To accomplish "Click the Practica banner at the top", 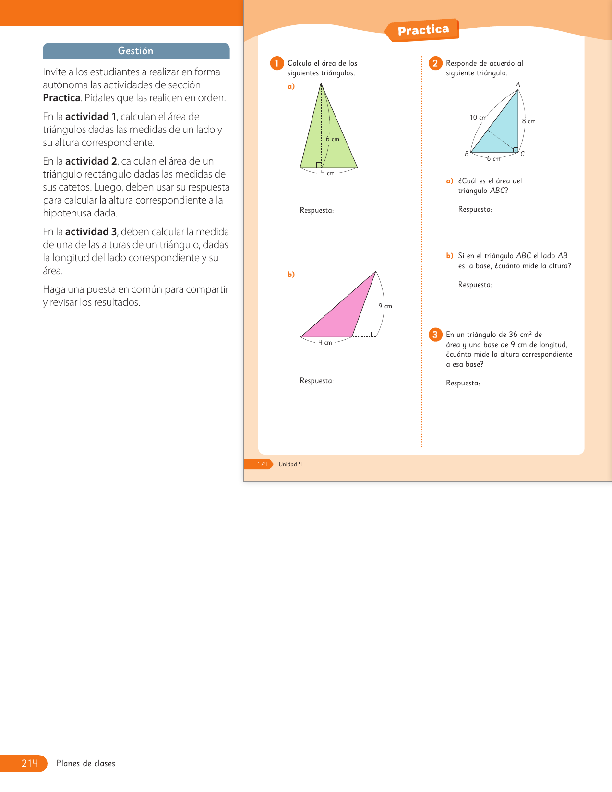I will point(423,30).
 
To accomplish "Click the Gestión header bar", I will point(136,51).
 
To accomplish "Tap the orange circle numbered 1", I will point(277,63).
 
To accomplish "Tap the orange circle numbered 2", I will point(435,63).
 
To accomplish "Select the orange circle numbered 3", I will point(435,335).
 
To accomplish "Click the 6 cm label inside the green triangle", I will point(332,139).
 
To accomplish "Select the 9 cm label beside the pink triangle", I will point(385,306).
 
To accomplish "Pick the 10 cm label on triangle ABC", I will point(478,118).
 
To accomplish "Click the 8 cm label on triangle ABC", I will point(528,121).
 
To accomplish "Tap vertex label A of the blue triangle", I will point(518,85).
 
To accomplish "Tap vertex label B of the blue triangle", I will point(467,154).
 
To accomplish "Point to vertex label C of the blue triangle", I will point(523,154).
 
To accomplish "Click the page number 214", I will point(29,763).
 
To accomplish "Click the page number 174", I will point(262,464).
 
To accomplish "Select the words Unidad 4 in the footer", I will point(290,464).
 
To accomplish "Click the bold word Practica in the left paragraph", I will point(61,98).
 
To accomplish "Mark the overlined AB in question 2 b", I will point(563,256).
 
